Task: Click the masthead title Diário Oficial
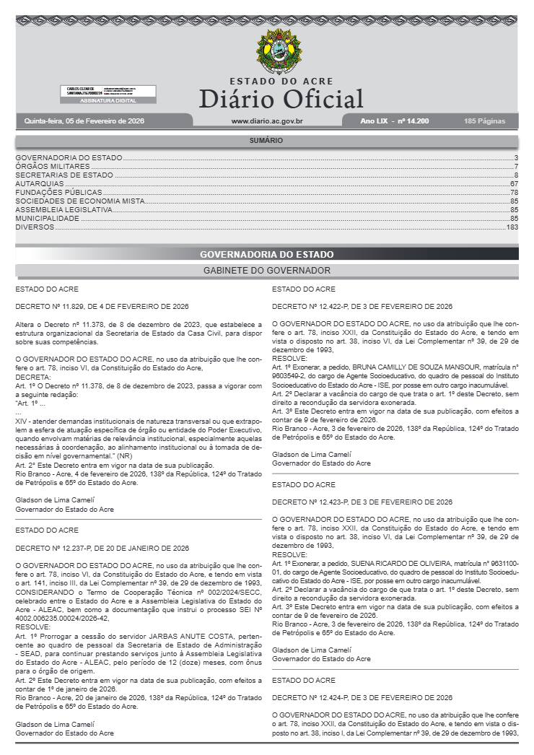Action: point(281,98)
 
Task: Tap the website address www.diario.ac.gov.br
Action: point(266,121)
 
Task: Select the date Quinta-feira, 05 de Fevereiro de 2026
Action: point(84,121)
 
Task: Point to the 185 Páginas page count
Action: point(485,121)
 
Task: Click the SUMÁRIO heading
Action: point(266,141)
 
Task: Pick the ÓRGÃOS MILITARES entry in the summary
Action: point(53,167)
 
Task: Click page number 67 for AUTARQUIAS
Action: point(514,184)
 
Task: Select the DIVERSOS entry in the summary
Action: point(35,227)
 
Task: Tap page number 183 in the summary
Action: point(512,227)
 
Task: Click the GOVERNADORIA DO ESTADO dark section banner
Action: point(266,254)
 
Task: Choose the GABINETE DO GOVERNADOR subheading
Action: point(266,271)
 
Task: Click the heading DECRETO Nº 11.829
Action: point(102,306)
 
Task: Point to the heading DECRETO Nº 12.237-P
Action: point(102,548)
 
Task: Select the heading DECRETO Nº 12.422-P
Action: point(362,306)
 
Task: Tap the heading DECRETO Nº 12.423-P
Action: point(362,502)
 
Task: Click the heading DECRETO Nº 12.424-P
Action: point(362,697)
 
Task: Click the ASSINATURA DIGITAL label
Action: point(108,101)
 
